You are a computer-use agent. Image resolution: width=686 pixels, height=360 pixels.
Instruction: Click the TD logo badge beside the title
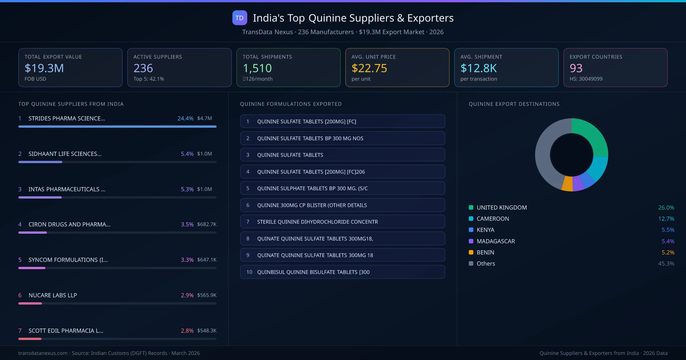pyautogui.click(x=240, y=18)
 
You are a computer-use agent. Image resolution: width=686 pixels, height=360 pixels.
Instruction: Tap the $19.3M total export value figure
pyautogui.click(x=44, y=68)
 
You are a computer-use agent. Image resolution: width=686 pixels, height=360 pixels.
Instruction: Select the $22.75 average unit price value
pyautogui.click(x=369, y=68)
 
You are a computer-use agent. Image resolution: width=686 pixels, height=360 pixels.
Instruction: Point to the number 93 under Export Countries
pyautogui.click(x=576, y=68)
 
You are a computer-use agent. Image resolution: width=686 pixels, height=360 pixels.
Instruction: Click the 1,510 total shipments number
pyautogui.click(x=257, y=68)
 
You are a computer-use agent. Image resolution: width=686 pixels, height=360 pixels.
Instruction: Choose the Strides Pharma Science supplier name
pyautogui.click(x=67, y=118)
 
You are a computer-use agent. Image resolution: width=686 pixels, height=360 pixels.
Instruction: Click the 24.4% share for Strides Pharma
pyautogui.click(x=185, y=118)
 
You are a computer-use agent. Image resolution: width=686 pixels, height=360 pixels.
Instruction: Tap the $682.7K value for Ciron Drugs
pyautogui.click(x=207, y=224)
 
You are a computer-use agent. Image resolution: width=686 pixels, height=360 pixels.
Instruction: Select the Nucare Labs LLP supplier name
pyautogui.click(x=53, y=295)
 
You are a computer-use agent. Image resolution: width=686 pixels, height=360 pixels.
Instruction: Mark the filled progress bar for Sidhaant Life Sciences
pyautogui.click(x=40, y=162)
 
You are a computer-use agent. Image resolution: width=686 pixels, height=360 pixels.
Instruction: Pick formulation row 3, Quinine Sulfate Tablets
pyautogui.click(x=342, y=155)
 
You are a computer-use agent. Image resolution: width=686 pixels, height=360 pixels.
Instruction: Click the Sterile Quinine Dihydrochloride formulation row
pyautogui.click(x=342, y=222)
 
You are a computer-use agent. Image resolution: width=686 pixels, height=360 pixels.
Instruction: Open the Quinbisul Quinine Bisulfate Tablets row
pyautogui.click(x=342, y=272)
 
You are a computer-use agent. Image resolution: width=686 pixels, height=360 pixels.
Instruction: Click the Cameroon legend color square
pyautogui.click(x=471, y=219)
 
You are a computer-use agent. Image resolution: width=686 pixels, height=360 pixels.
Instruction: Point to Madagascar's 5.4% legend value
pyautogui.click(x=668, y=241)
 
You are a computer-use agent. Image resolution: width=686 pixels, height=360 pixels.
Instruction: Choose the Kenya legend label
pyautogui.click(x=485, y=230)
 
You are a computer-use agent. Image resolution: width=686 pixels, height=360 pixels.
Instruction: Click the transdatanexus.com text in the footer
pyautogui.click(x=43, y=353)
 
